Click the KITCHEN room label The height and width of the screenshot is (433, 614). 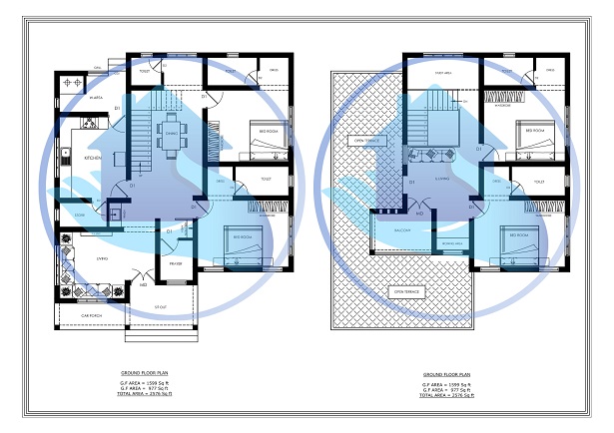pos(93,158)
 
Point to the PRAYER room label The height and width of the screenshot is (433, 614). pos(176,263)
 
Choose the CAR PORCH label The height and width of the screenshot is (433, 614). pos(92,315)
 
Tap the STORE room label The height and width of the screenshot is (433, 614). pos(80,215)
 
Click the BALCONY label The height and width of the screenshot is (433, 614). pos(389,230)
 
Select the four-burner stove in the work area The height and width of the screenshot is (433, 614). pos(73,80)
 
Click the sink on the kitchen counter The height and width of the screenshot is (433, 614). pos(64,155)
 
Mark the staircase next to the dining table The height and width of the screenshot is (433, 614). pos(141,130)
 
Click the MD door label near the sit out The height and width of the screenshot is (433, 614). pos(144,285)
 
